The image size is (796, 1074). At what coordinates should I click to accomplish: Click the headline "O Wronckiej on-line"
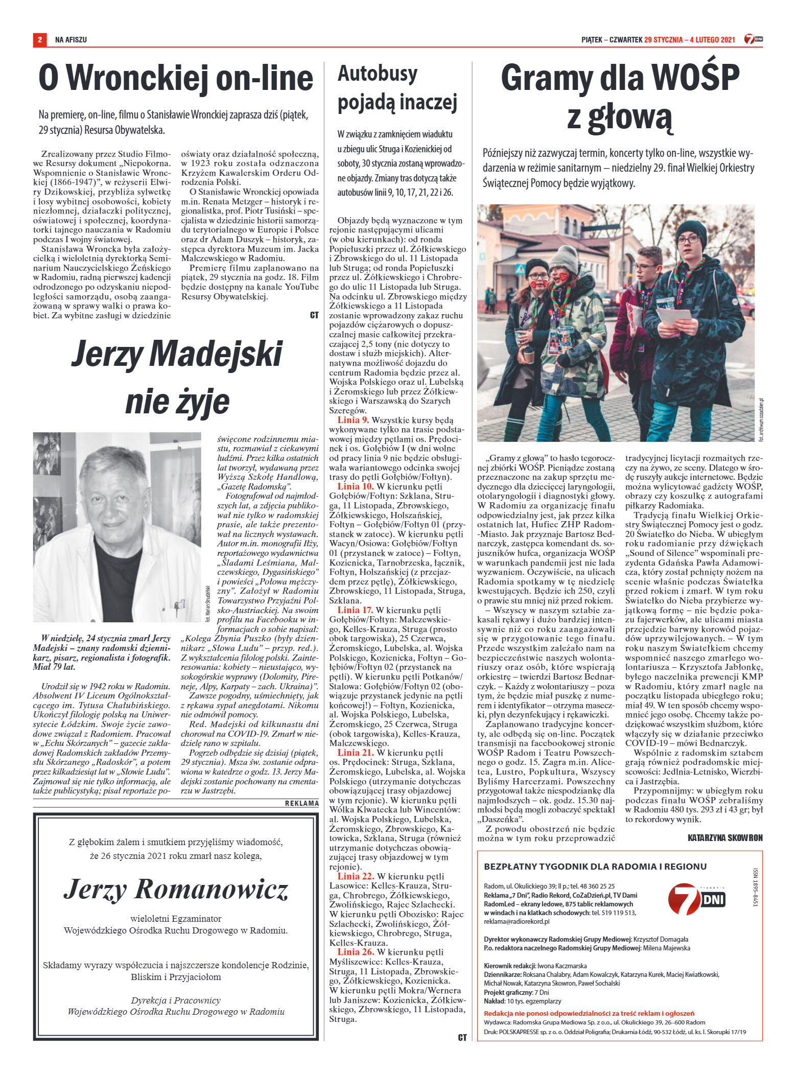pyautogui.click(x=175, y=79)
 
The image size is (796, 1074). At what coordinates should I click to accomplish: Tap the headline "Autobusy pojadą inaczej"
pyautogui.click(x=397, y=89)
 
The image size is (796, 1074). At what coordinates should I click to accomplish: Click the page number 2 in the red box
pyautogui.click(x=39, y=39)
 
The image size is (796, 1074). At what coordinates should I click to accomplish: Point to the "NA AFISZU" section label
pyautogui.click(x=71, y=39)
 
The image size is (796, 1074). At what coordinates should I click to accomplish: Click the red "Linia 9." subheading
pyautogui.click(x=353, y=420)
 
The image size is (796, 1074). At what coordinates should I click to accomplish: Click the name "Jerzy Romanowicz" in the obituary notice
pyautogui.click(x=176, y=890)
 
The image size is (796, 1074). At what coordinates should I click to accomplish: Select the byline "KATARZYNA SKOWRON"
pyautogui.click(x=724, y=838)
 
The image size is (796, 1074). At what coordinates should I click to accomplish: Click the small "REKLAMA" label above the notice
pyautogui.click(x=301, y=803)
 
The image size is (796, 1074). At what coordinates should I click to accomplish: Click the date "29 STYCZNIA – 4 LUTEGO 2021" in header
pyautogui.click(x=689, y=39)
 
